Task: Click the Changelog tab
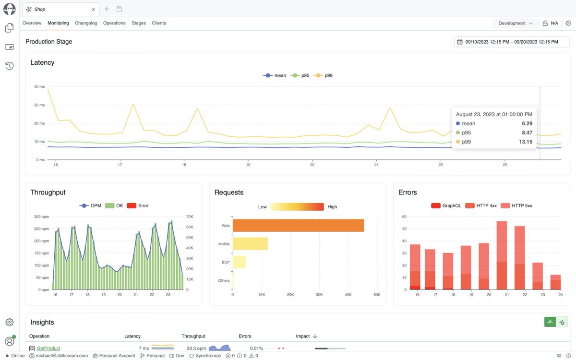coord(86,23)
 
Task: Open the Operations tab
coord(114,23)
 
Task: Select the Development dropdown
coord(515,23)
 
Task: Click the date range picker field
coord(512,42)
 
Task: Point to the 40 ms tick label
coord(39,87)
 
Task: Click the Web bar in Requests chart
coord(298,226)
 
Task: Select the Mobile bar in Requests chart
coord(250,244)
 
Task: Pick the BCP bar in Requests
coord(239,262)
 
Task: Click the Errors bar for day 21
coord(502,255)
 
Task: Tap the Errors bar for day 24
coord(555,282)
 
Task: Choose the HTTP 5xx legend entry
coord(516,205)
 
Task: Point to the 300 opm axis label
coord(40,216)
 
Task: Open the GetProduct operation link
coord(48,348)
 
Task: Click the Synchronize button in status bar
coord(205,356)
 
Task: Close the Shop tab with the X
coord(93,9)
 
